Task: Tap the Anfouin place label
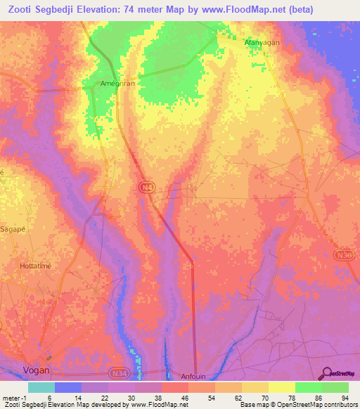(196, 375)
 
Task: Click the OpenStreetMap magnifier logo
(326, 373)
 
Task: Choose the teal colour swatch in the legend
(41, 387)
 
